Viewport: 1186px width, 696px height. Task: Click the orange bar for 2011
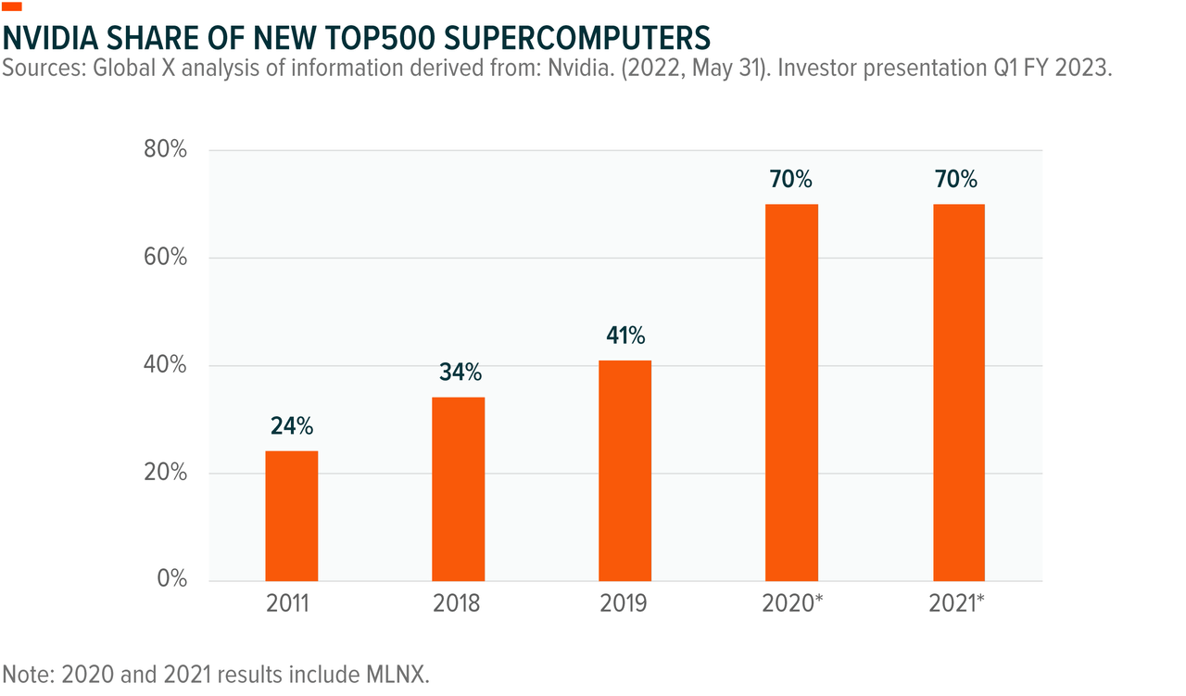coord(291,516)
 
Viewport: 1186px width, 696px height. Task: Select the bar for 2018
coord(458,489)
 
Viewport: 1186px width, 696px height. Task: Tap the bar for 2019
coord(625,471)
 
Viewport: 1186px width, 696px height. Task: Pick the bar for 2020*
coord(791,393)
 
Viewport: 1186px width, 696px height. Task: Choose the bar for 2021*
coord(958,393)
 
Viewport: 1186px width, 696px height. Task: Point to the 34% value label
coord(460,373)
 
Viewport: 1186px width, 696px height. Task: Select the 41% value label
coord(625,335)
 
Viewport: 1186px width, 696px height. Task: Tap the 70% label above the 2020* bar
coord(790,180)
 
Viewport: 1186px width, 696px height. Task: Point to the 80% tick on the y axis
coord(166,150)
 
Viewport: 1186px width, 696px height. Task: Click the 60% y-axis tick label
coord(166,258)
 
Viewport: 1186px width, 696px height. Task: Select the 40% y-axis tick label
coord(166,365)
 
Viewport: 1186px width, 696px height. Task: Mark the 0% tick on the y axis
coord(171,580)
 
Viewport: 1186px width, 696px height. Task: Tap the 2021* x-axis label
coord(956,604)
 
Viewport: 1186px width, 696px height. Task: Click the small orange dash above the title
coord(12,7)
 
